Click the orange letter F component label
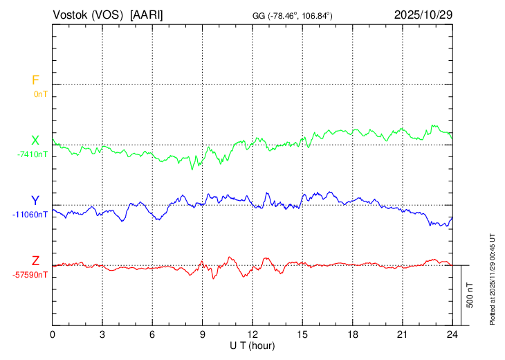point(35,80)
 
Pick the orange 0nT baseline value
point(41,93)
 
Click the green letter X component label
point(35,141)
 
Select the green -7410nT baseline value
point(33,154)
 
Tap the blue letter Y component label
point(35,201)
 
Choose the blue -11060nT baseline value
point(30,214)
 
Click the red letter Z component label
point(35,261)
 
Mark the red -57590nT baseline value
point(30,275)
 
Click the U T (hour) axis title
point(252,345)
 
